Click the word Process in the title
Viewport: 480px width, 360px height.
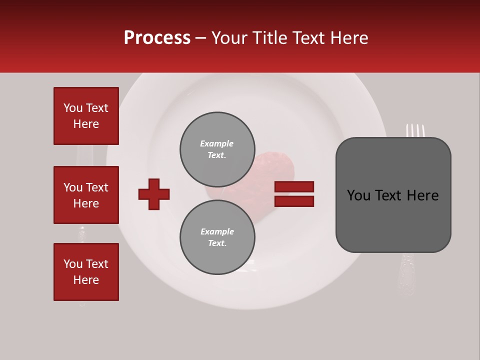point(157,38)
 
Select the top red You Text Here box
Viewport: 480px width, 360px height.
point(86,116)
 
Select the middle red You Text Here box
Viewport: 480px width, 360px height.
point(86,195)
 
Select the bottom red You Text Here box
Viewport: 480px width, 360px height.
point(86,272)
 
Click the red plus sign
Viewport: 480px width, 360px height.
point(154,194)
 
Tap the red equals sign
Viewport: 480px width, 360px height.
point(294,194)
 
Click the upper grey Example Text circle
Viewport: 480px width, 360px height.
point(217,149)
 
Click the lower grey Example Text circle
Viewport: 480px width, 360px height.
point(217,237)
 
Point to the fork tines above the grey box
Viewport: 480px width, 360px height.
point(415,130)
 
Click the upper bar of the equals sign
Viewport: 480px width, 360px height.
point(294,187)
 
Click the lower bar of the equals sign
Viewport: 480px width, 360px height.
point(294,201)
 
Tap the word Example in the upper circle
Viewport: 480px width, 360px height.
point(216,143)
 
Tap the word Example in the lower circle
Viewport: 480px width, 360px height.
point(217,231)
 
